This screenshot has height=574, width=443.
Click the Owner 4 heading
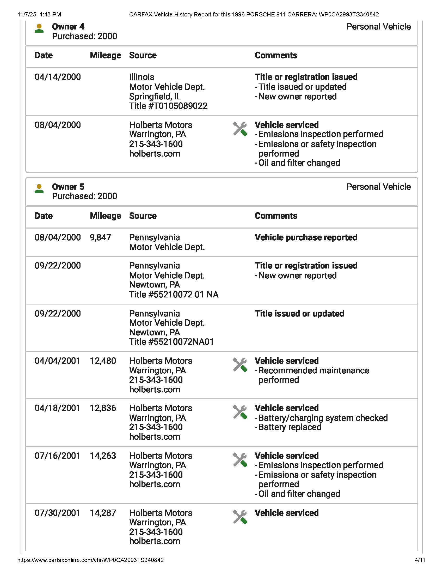(68, 27)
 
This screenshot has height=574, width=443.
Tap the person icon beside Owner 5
(39, 189)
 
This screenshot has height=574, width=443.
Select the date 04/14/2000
(58, 77)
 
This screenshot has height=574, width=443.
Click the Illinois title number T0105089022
(168, 106)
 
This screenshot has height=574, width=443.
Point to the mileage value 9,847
(100, 237)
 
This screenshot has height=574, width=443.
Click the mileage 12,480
(103, 361)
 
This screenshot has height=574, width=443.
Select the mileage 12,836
(103, 408)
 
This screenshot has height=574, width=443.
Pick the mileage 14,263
(103, 456)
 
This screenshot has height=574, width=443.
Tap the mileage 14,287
(103, 513)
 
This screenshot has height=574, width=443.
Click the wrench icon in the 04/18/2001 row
(239, 412)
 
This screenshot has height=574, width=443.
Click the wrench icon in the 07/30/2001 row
(239, 517)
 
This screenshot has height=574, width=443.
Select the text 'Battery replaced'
(290, 427)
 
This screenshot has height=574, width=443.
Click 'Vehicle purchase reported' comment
(306, 237)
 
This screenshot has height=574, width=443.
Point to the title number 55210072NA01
(171, 342)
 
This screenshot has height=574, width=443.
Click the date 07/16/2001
(57, 456)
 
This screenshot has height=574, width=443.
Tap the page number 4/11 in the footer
(420, 560)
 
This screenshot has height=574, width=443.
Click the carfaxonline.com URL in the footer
(90, 560)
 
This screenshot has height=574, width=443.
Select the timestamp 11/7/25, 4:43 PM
(39, 14)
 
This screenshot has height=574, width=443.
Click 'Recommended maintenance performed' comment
(313, 375)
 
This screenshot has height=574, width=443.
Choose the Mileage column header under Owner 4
(105, 56)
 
